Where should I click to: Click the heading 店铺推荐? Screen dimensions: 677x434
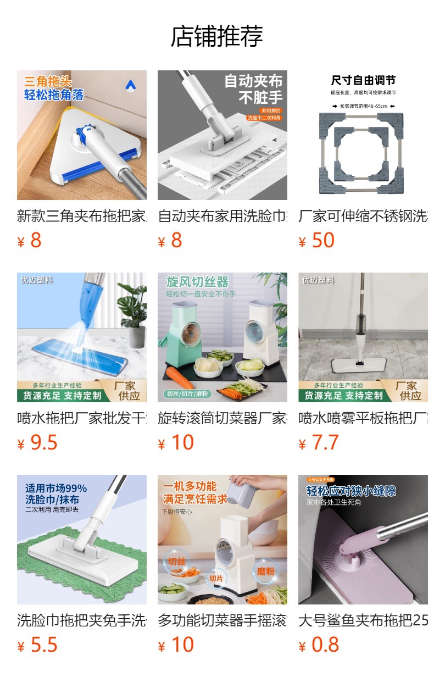coord(217,36)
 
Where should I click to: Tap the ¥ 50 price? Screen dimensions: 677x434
coord(316,241)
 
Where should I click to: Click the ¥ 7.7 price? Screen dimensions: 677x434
coord(319,443)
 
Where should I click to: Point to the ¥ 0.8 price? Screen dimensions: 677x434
coord(319,645)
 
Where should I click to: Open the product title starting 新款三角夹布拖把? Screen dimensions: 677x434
coord(82,216)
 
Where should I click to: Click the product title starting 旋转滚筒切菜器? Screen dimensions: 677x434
coord(222,418)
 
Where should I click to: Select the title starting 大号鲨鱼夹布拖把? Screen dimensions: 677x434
coord(363,620)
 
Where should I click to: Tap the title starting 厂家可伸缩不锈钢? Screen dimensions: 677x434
coord(363,216)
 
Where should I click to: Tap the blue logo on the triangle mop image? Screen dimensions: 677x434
coord(130,85)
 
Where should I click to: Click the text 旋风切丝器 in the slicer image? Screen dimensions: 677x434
coord(197,282)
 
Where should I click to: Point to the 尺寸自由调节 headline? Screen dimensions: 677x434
coord(363,81)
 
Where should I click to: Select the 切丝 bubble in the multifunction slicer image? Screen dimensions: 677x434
coord(175,562)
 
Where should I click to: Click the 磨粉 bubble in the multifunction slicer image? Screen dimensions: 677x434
coord(265,571)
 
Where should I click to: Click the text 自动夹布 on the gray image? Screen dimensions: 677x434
coord(253,81)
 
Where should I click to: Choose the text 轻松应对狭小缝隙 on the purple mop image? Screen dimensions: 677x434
coord(351,491)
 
